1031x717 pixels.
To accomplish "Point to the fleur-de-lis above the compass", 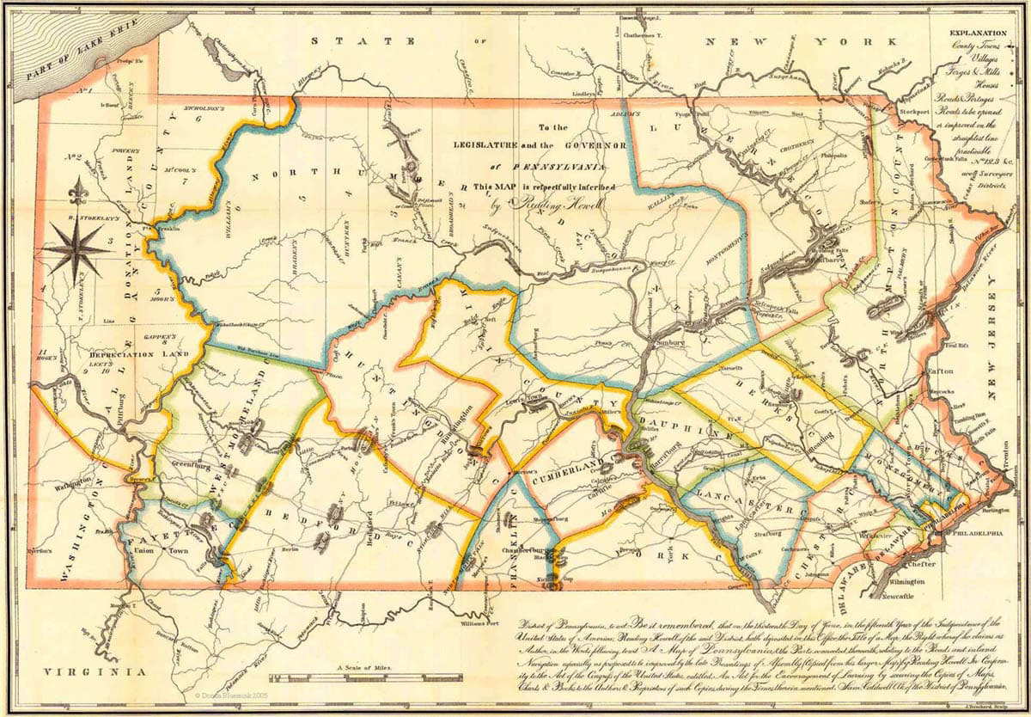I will pyautogui.click(x=80, y=192).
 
